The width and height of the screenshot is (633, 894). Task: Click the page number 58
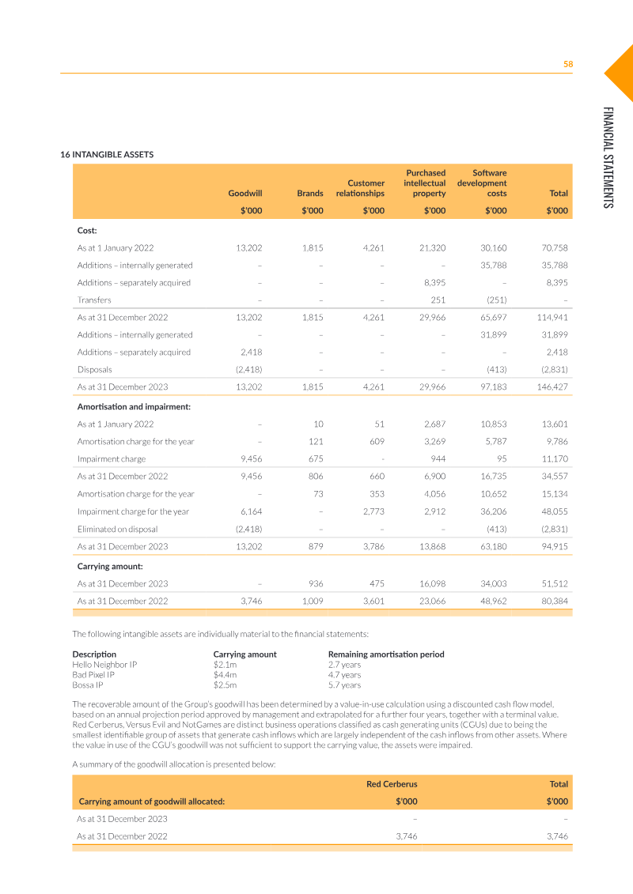[x=567, y=64]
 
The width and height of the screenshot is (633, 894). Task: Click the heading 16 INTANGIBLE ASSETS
[x=107, y=154]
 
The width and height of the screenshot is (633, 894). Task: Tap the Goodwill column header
[x=245, y=193]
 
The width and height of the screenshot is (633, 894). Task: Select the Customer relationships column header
[x=360, y=188]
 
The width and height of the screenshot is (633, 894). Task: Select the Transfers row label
[x=94, y=300]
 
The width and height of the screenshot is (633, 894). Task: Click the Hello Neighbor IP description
[x=104, y=665]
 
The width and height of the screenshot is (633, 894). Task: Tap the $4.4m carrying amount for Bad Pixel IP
[x=225, y=675]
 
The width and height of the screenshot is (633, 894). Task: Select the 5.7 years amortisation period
[x=344, y=685]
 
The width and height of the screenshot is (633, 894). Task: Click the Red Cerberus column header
[x=392, y=784]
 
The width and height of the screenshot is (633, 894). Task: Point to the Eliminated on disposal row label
[x=117, y=529]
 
